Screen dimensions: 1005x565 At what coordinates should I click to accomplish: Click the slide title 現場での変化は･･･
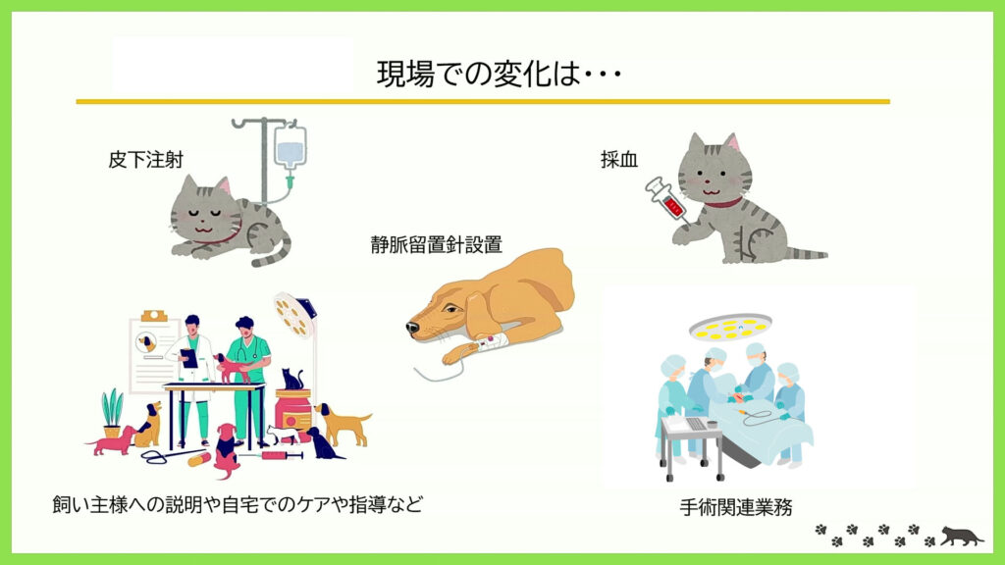coord(499,73)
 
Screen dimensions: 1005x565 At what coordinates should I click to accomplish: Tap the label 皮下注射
coord(146,160)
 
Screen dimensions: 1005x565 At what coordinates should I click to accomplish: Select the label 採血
coord(619,160)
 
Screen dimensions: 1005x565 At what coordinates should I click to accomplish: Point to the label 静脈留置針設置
coord(436,244)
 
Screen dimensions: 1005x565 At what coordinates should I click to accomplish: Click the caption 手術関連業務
coord(736,507)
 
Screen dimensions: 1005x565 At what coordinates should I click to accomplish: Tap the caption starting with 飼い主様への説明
coord(238,504)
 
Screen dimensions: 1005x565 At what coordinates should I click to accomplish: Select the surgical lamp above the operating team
coord(730,326)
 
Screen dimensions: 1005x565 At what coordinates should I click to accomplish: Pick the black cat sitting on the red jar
coord(292,379)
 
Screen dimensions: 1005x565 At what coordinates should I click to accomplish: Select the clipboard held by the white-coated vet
coord(189,357)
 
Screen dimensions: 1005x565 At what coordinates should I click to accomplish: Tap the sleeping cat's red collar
coord(220,239)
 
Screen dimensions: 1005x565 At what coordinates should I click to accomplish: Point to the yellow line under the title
coord(483,101)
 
